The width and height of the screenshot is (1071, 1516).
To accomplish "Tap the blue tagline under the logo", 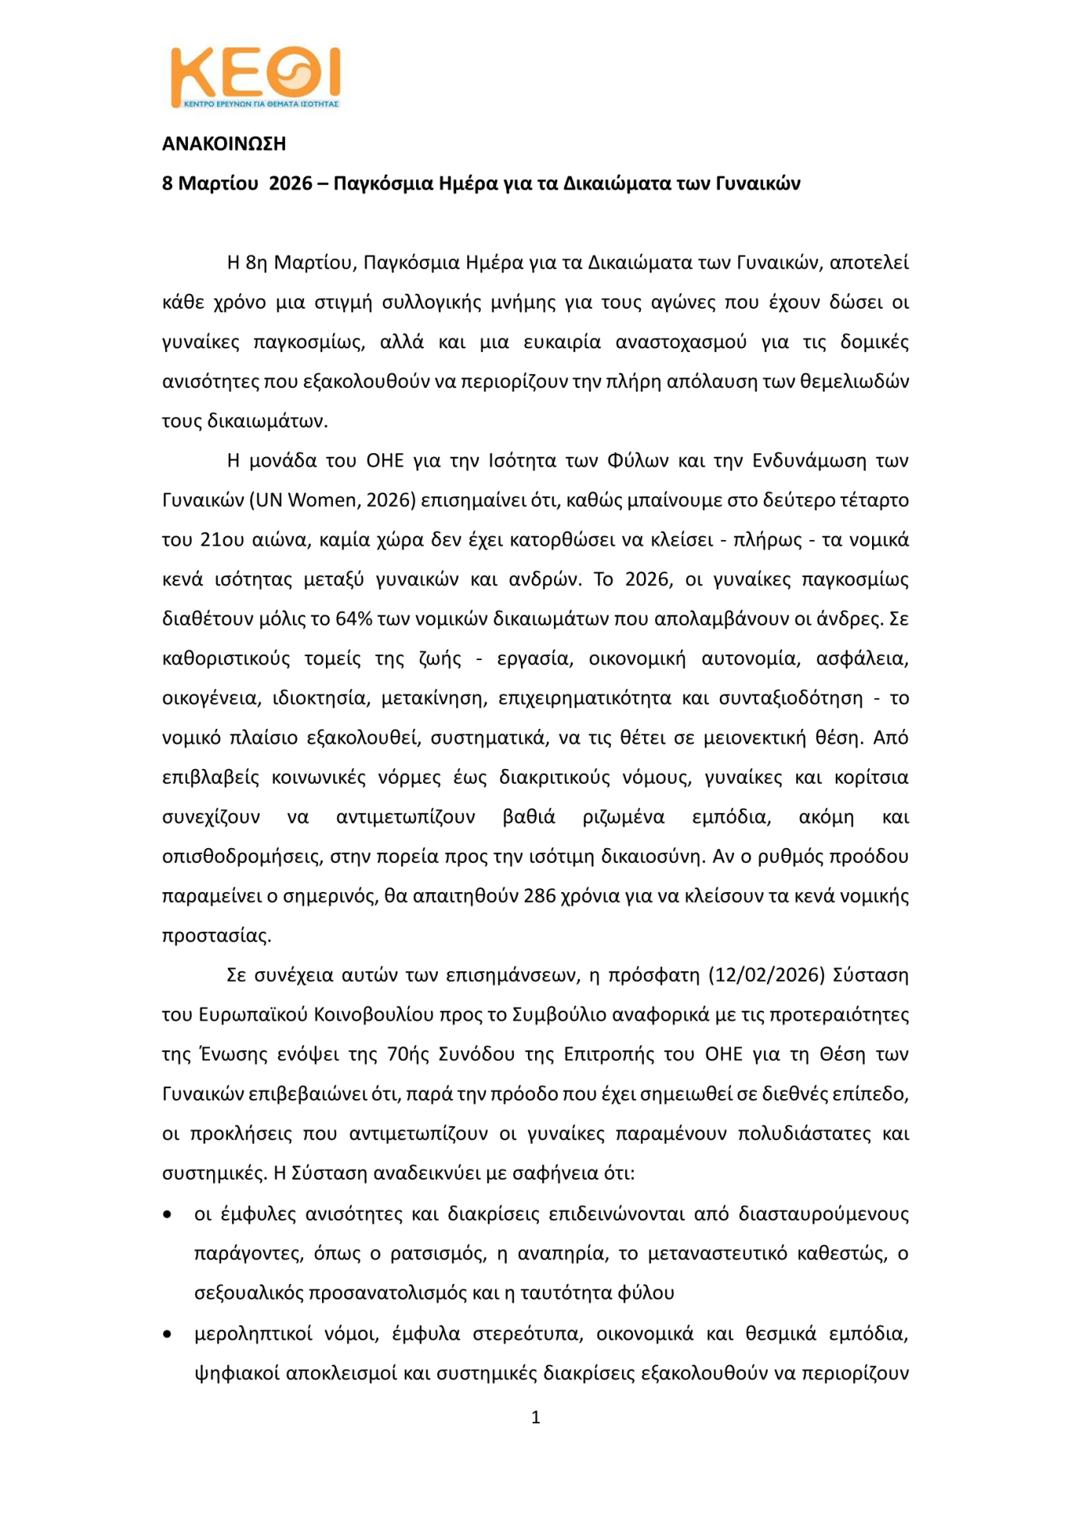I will tap(260, 103).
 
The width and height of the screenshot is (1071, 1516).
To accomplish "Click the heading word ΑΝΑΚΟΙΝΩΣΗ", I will tap(223, 144).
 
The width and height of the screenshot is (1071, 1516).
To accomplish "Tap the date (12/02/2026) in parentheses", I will tap(766, 975).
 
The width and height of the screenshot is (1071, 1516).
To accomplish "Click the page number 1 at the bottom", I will tap(536, 1417).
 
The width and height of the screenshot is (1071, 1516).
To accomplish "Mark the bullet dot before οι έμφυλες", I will tap(167, 1214).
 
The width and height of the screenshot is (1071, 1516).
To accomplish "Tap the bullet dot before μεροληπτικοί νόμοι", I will tap(167, 1334).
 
